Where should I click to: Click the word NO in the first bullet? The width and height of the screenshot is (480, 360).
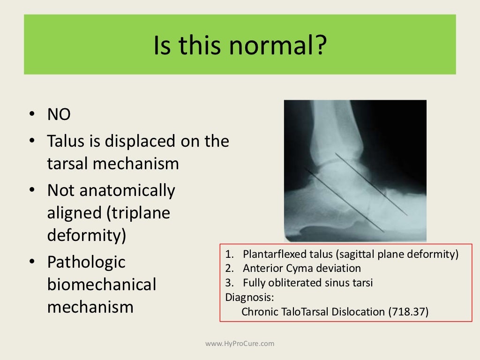coord(59,115)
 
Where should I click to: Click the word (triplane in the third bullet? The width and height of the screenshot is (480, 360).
coord(138,213)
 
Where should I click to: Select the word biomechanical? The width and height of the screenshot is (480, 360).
coord(101,285)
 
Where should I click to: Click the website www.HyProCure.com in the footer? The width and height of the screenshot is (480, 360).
coord(240,344)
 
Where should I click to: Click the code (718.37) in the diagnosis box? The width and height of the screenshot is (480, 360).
coord(408,312)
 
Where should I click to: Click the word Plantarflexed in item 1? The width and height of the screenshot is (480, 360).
coord(270,255)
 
